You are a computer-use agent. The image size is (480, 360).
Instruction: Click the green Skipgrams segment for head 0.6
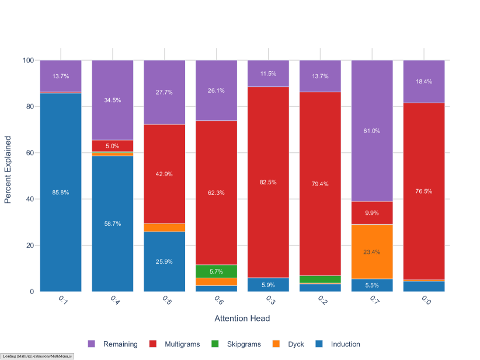[x=216, y=271]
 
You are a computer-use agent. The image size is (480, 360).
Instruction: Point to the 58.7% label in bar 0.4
[x=112, y=224]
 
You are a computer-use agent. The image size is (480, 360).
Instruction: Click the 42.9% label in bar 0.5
[x=164, y=174]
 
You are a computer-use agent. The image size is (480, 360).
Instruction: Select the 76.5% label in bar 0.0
[x=423, y=191]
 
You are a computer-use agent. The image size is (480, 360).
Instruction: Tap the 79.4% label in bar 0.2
[x=320, y=184]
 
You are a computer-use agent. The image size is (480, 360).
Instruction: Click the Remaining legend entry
[x=113, y=344]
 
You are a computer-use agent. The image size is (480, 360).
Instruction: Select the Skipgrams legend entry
[x=236, y=344]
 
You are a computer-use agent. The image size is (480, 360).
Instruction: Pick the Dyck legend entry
[x=288, y=344]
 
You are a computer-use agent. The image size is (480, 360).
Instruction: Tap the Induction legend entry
[x=338, y=344]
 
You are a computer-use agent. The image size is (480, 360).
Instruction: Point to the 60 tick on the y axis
[x=30, y=153]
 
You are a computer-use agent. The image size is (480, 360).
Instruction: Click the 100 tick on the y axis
[x=28, y=60]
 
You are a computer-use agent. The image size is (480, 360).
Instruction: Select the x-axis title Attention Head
[x=242, y=319]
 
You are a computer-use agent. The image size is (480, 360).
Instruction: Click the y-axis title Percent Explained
[x=8, y=170]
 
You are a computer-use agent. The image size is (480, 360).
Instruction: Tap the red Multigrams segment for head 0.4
[x=112, y=146]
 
